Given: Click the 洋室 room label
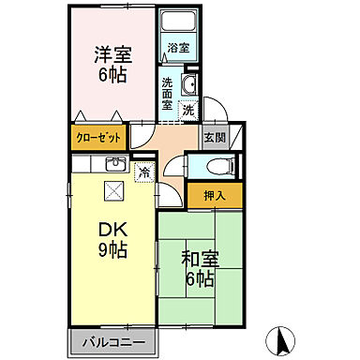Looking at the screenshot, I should point(111,54).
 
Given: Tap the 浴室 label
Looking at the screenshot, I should point(178,46).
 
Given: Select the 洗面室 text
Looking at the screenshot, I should point(167,92).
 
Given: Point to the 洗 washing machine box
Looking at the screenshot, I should point(188,110).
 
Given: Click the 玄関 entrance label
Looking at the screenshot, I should point(214,138).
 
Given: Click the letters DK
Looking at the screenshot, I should point(112,229).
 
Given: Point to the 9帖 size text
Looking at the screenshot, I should point(112,250).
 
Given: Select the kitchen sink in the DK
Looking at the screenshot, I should point(114,166).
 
